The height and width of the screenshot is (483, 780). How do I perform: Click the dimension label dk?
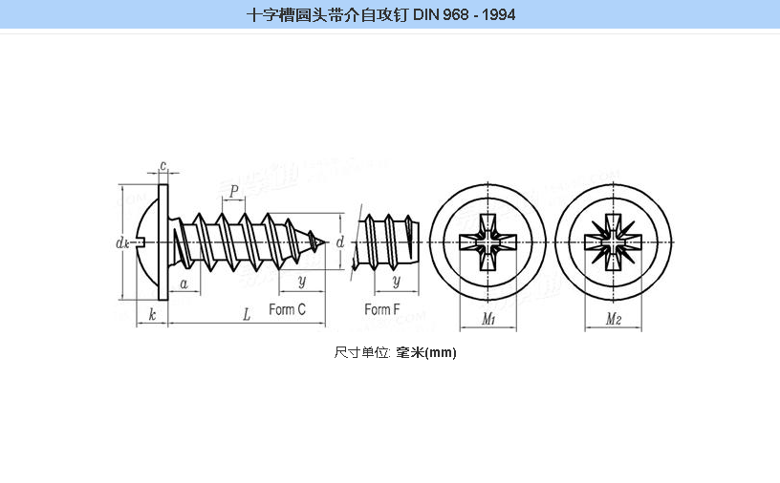pyautogui.click(x=122, y=243)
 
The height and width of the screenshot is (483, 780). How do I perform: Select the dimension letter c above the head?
pyautogui.click(x=163, y=167)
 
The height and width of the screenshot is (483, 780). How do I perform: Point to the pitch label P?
pyautogui.click(x=234, y=191)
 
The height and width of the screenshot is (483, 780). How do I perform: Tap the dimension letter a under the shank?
pyautogui.click(x=183, y=283)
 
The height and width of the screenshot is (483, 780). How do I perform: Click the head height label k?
pyautogui.click(x=153, y=315)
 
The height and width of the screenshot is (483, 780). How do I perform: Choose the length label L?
pyautogui.click(x=247, y=315)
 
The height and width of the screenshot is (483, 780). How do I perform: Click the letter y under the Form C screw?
pyautogui.click(x=301, y=282)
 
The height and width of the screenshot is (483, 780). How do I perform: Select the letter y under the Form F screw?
pyautogui.click(x=396, y=282)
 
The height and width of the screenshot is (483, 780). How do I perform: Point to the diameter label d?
pyautogui.click(x=340, y=242)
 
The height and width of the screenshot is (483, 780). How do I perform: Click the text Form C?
pyautogui.click(x=287, y=309)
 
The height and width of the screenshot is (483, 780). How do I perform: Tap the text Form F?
pyautogui.click(x=382, y=309)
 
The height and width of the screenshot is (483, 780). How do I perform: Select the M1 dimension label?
pyautogui.click(x=487, y=319)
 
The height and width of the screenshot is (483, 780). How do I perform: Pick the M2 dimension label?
pyautogui.click(x=614, y=319)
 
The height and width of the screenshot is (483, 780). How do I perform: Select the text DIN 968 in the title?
pyautogui.click(x=447, y=15)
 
